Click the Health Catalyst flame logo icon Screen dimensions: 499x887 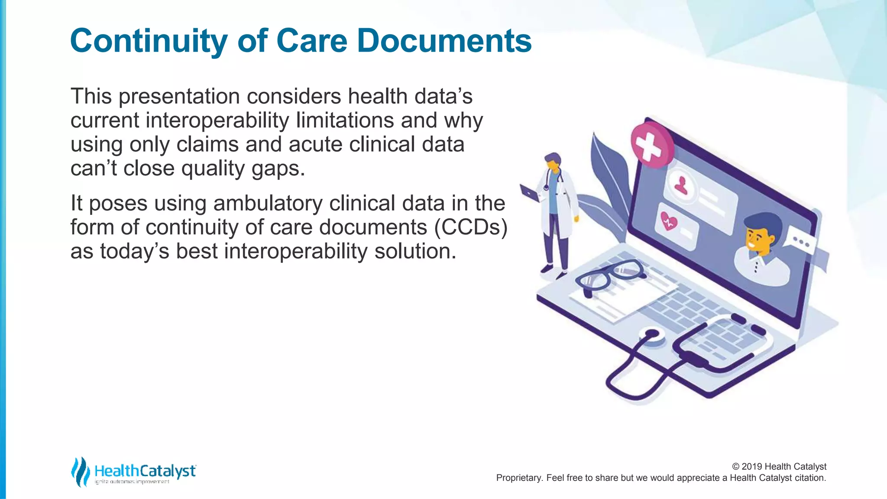click(x=80, y=472)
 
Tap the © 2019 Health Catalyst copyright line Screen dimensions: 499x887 click(x=779, y=467)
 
